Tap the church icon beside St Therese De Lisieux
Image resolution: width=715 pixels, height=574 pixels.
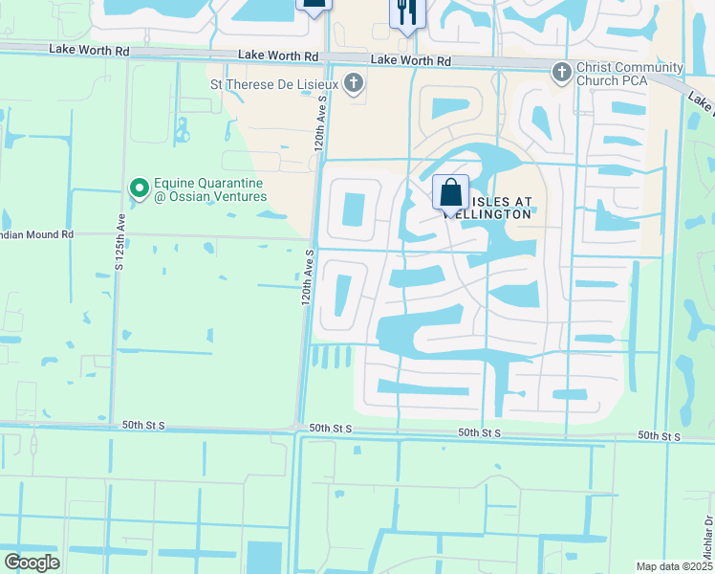click(x=355, y=84)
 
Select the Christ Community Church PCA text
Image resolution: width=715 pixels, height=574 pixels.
click(x=630, y=74)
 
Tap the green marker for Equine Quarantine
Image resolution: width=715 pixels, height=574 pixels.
click(x=140, y=188)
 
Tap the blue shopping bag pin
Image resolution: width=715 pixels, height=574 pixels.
click(x=450, y=192)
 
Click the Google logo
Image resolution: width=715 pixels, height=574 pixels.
click(x=32, y=563)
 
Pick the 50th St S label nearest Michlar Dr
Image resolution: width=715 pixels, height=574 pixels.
click(x=660, y=436)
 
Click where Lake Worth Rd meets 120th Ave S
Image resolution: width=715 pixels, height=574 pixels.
click(x=330, y=58)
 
